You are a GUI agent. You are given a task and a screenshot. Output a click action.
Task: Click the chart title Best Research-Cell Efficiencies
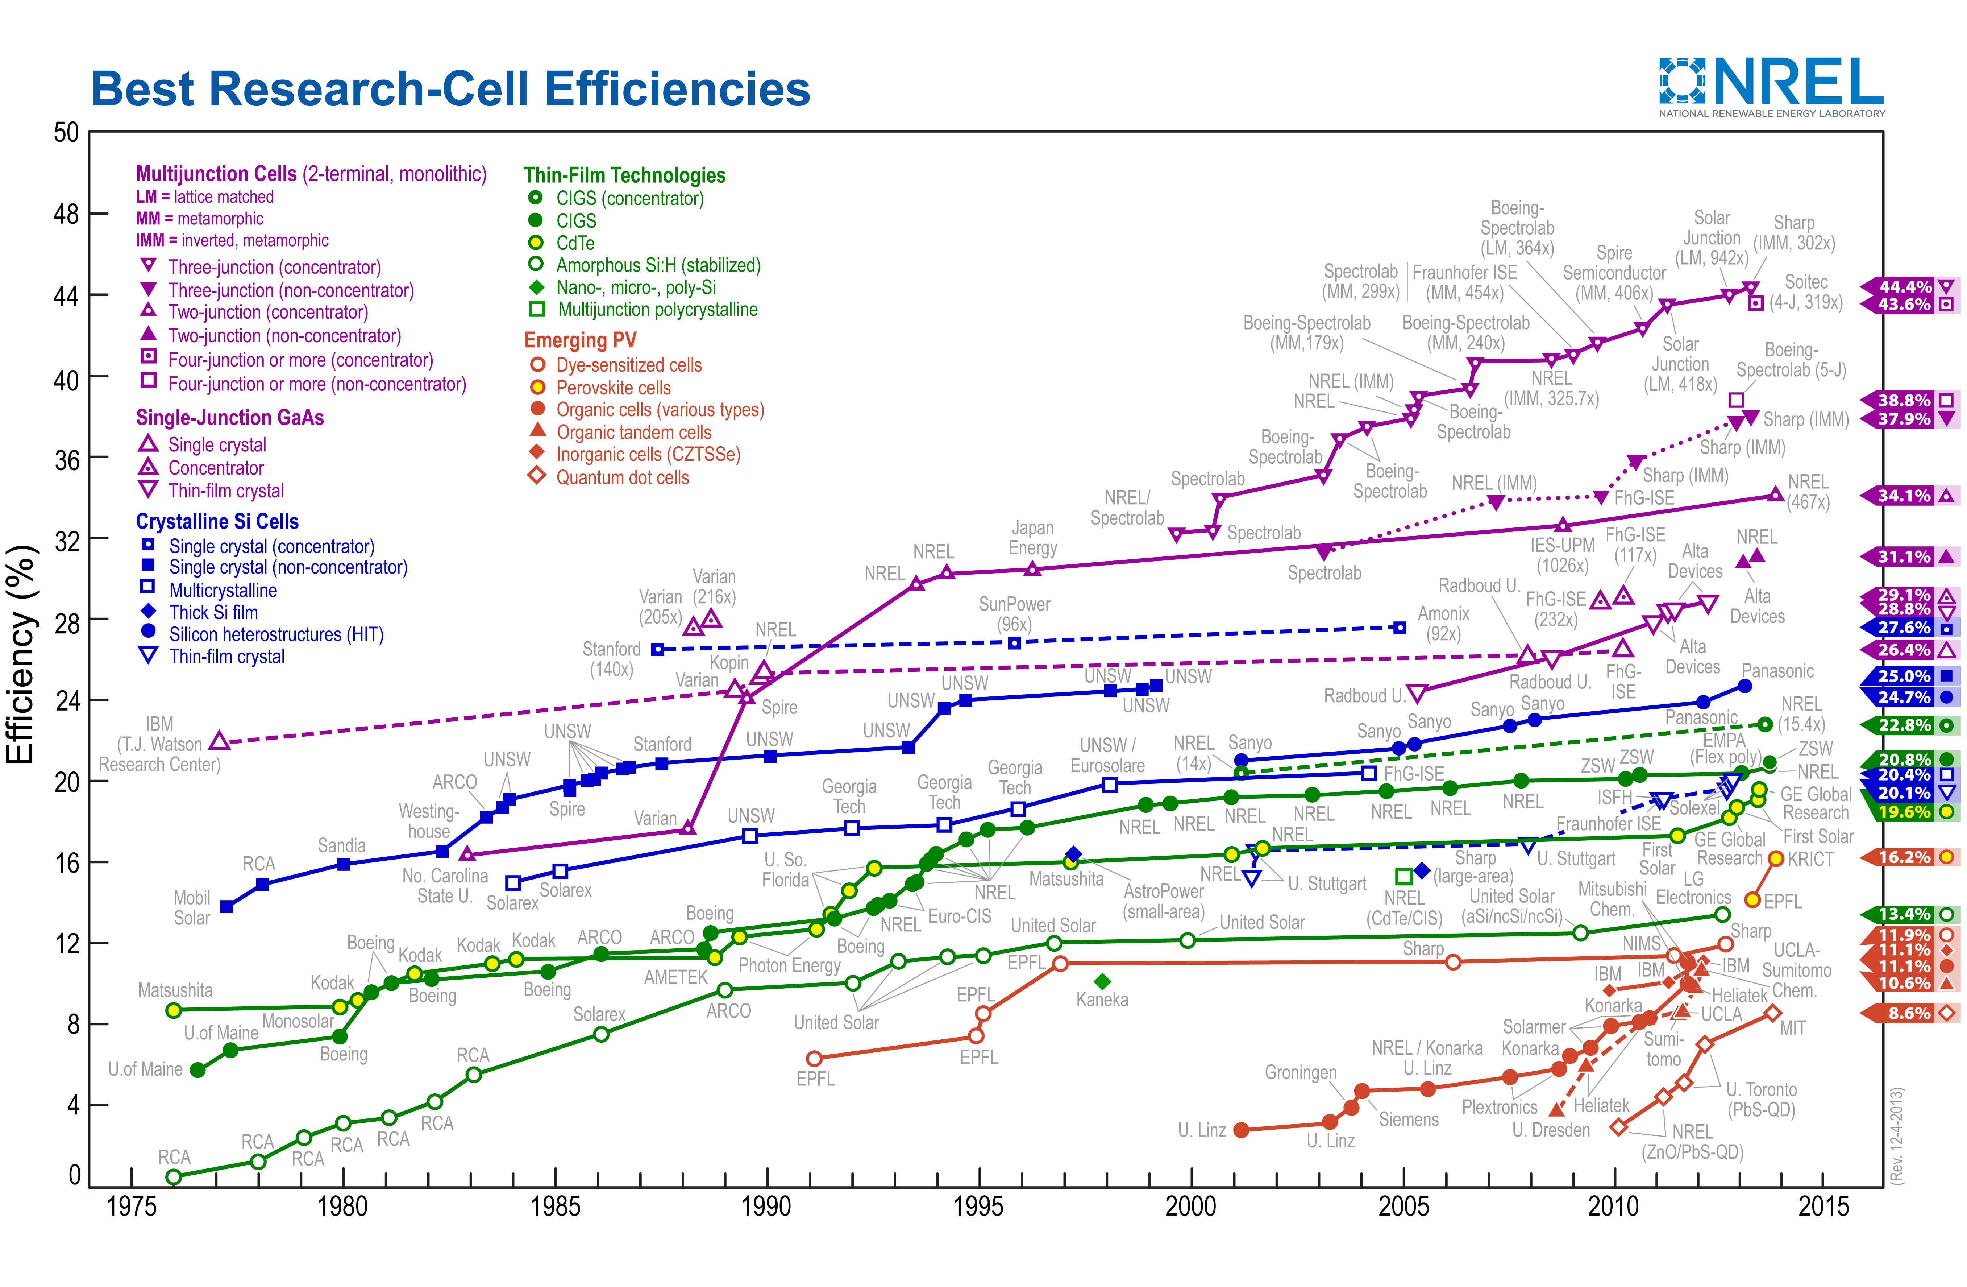tap(450, 89)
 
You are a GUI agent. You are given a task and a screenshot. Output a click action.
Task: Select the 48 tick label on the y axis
tap(66, 214)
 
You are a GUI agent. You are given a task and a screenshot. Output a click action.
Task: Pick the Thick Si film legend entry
tap(213, 612)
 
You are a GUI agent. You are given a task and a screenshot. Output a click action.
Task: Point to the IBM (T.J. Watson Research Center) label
tap(159, 744)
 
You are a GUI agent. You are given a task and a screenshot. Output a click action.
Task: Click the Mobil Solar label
tap(192, 907)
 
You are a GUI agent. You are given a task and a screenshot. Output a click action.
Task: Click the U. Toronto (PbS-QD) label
tap(1761, 1099)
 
